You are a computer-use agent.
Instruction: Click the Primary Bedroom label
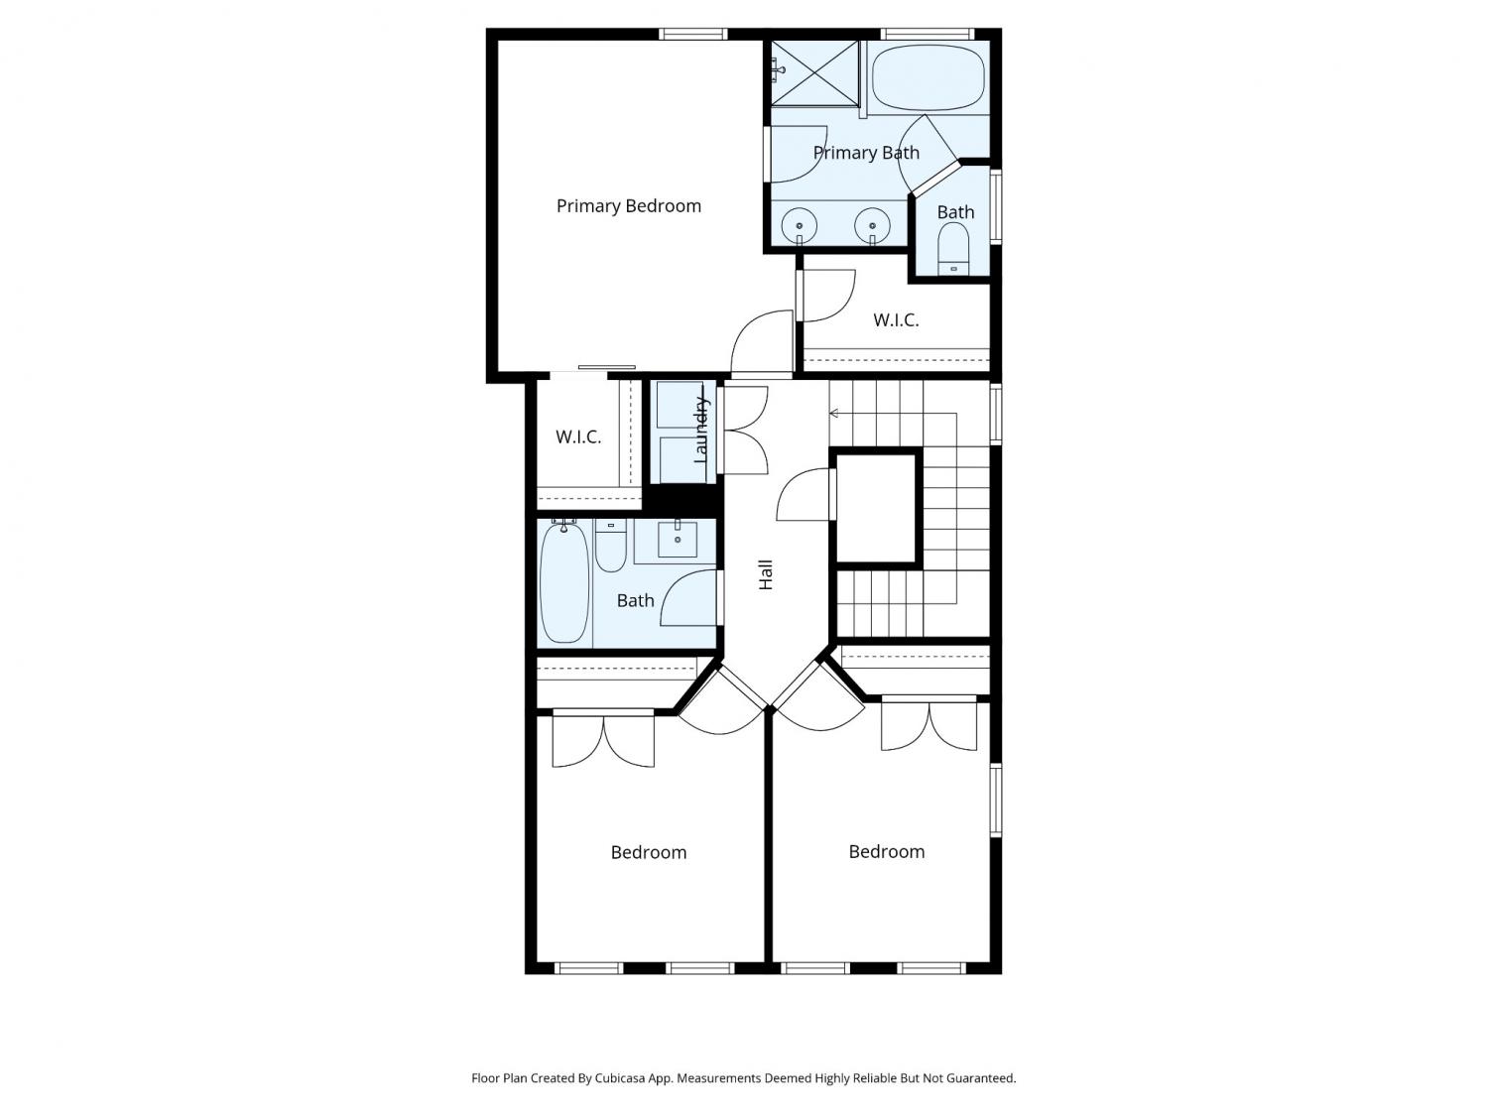point(628,206)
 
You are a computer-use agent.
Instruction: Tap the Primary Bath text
point(866,153)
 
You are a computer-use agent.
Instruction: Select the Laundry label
point(701,431)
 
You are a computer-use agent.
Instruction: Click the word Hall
point(766,574)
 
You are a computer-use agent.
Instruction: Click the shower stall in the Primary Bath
point(814,73)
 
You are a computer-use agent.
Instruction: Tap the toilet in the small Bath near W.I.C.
point(953,249)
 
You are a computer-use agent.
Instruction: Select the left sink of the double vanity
point(800,225)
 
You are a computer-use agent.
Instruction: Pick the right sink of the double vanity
point(872,225)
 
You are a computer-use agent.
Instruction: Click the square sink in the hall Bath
point(678,540)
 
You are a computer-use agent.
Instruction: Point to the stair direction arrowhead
point(834,414)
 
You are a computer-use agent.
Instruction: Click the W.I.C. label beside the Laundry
point(578,437)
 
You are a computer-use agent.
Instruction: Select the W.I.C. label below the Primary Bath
point(896,320)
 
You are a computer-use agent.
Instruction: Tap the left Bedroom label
point(648,852)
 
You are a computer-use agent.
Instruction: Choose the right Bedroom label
point(886,852)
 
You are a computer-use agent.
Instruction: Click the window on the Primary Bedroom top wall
point(692,34)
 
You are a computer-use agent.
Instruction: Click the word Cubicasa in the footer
point(620,1078)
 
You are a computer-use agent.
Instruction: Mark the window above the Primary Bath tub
point(928,34)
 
